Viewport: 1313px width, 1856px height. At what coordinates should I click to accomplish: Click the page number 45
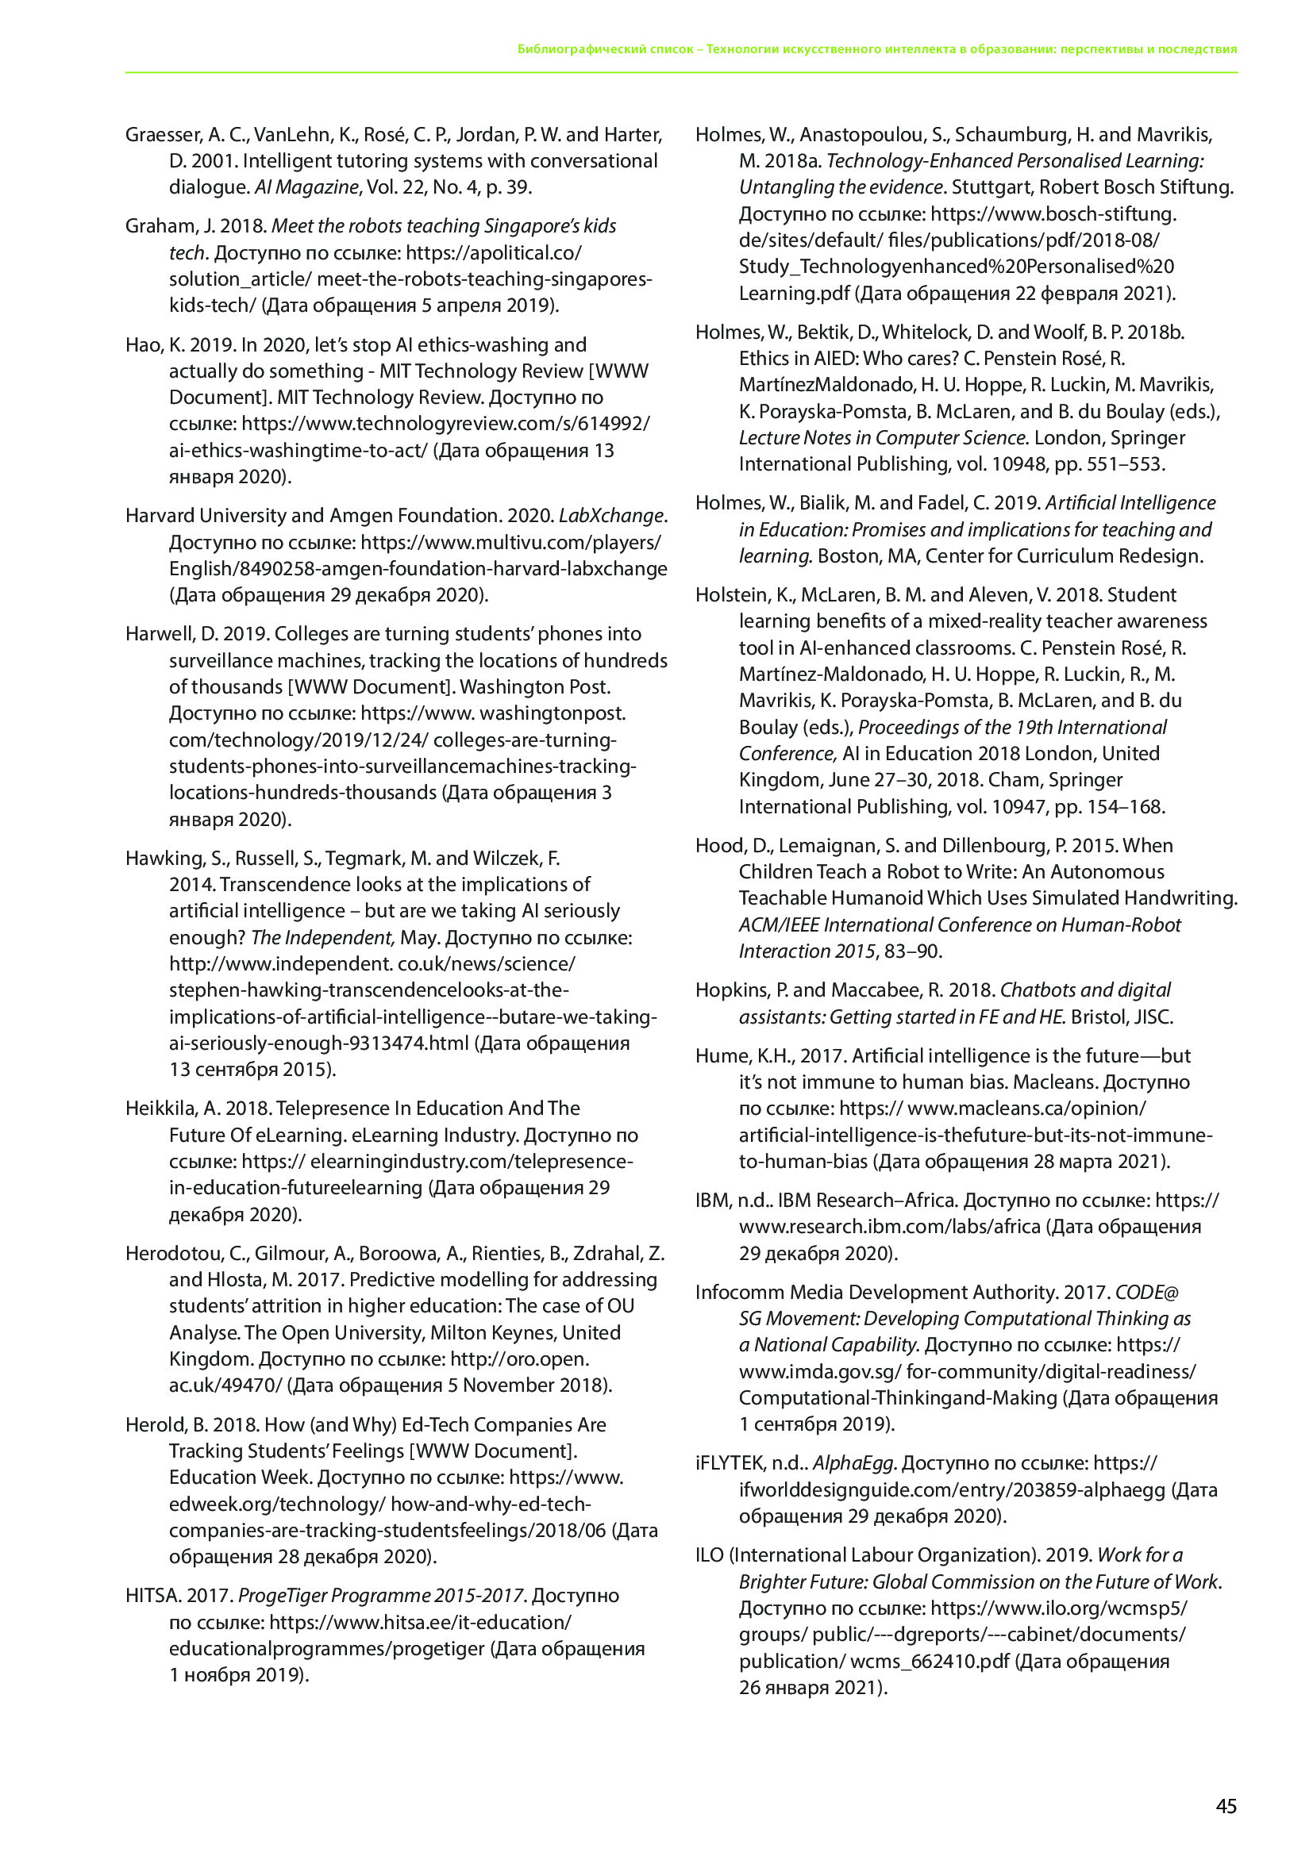1226,1806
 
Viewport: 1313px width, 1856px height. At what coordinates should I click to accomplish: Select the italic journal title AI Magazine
306,187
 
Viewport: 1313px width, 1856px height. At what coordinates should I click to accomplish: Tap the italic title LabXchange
612,516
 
